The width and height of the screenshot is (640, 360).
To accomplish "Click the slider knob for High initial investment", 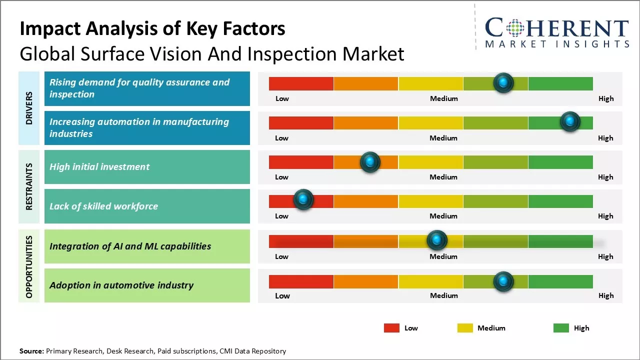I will click(370, 162).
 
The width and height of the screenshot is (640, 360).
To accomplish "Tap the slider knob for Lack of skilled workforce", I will click(303, 199).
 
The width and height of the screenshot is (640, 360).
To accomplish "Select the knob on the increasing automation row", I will click(570, 121).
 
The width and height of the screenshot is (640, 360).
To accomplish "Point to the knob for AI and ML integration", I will click(437, 240).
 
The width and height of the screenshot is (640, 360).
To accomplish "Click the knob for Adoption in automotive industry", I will click(503, 281).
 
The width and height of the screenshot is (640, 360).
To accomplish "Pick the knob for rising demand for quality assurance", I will click(503, 82).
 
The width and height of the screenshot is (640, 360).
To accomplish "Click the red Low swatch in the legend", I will click(391, 328).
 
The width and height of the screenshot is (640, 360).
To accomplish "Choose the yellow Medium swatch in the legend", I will click(465, 328).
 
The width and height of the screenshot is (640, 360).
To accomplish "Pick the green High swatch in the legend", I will click(561, 328).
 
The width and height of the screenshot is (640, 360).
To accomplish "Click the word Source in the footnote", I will click(31, 351).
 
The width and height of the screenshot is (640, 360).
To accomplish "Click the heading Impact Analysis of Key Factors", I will click(152, 29).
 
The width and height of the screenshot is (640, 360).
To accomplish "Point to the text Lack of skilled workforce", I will click(103, 206).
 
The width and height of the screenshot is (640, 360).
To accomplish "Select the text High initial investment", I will click(99, 167).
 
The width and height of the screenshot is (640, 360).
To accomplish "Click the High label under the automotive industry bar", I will click(606, 295).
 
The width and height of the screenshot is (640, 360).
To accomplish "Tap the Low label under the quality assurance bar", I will click(282, 98).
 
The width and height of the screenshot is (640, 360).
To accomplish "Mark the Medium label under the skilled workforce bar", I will click(443, 216).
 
